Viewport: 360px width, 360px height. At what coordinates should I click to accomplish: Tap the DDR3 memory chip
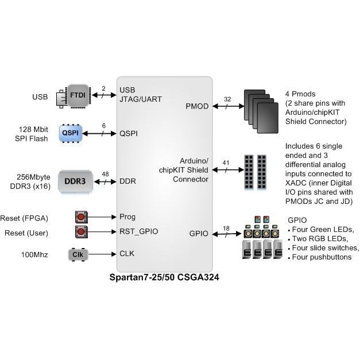point(75,181)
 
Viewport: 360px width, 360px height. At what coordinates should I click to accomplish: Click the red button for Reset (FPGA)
point(81,217)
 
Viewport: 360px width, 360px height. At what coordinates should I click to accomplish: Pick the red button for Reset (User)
point(81,232)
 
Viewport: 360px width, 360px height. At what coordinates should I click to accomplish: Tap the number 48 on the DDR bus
point(104,174)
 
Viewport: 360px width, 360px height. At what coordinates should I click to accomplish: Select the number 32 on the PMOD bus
point(227,99)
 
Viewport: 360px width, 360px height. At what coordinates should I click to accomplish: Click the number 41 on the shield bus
point(226,162)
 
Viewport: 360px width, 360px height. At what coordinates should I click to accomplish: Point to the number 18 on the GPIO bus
point(226,229)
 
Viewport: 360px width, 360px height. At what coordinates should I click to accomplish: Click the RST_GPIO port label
point(138,231)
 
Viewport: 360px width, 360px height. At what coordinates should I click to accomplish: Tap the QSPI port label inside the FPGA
point(128,133)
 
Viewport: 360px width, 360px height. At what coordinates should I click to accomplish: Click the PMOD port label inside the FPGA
point(198,106)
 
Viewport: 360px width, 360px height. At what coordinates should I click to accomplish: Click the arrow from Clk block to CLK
point(102,254)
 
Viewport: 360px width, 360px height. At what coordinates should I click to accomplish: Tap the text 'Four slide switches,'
point(326,247)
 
